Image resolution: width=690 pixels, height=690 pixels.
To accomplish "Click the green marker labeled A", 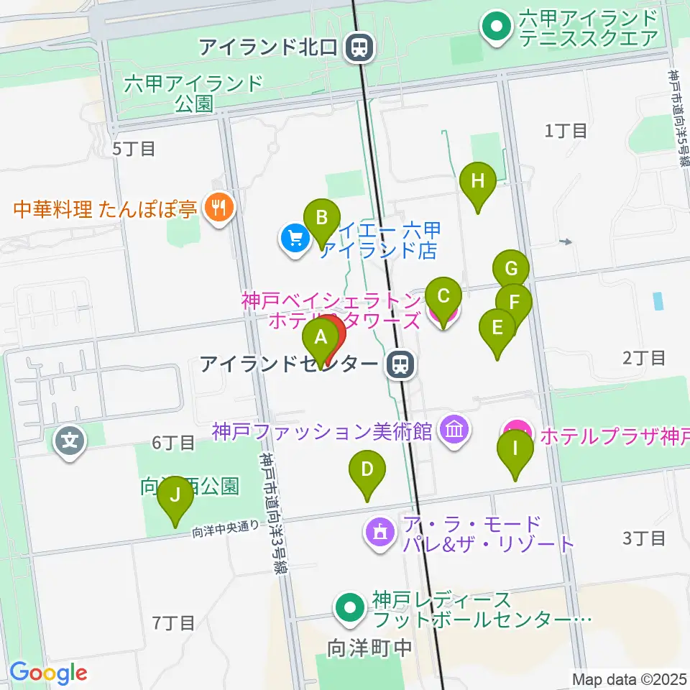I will point(321,337).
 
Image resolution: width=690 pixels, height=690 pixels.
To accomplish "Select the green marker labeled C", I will point(443,295).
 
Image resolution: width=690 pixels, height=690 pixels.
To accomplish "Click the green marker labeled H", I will point(478,182).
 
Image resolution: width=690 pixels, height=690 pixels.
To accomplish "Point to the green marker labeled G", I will point(511,269).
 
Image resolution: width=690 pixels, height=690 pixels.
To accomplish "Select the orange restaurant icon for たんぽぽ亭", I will point(216,208).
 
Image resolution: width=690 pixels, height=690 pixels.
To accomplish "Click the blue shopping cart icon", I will point(295,236).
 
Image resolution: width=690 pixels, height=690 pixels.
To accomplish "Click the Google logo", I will point(48,673).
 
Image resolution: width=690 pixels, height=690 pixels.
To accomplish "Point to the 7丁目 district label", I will point(174,622).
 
